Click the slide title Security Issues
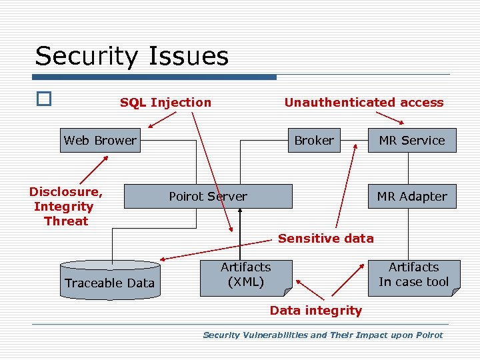click(x=131, y=56)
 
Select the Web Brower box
click(x=100, y=140)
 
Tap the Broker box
click(x=314, y=140)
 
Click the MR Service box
click(x=411, y=141)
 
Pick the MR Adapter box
click(x=411, y=196)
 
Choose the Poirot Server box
click(x=208, y=196)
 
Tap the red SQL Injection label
click(x=165, y=102)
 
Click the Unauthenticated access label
click(x=363, y=102)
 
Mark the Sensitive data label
click(x=325, y=238)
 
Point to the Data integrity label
click(x=315, y=310)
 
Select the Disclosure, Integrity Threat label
click(x=65, y=206)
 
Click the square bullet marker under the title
click(x=43, y=99)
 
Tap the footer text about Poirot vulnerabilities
click(x=322, y=335)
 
